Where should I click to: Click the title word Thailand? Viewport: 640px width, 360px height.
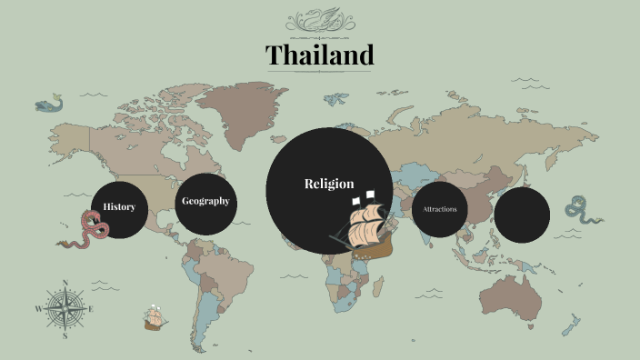coord(320,55)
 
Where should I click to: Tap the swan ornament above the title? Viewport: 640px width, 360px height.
coord(319,19)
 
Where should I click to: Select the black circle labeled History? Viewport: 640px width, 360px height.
coord(119,207)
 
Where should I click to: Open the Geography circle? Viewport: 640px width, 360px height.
coord(205,202)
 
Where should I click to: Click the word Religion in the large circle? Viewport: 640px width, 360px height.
coord(329,184)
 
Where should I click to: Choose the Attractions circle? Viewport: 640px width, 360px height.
coord(440,210)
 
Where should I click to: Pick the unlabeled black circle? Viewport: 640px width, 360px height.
coord(522,215)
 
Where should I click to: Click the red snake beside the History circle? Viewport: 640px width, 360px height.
coord(87,231)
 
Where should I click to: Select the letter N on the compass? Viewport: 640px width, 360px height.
coord(65,283)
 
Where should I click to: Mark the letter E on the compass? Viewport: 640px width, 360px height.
coord(91,309)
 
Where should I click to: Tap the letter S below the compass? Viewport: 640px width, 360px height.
coord(65,335)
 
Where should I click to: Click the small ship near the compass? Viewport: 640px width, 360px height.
coord(155,318)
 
